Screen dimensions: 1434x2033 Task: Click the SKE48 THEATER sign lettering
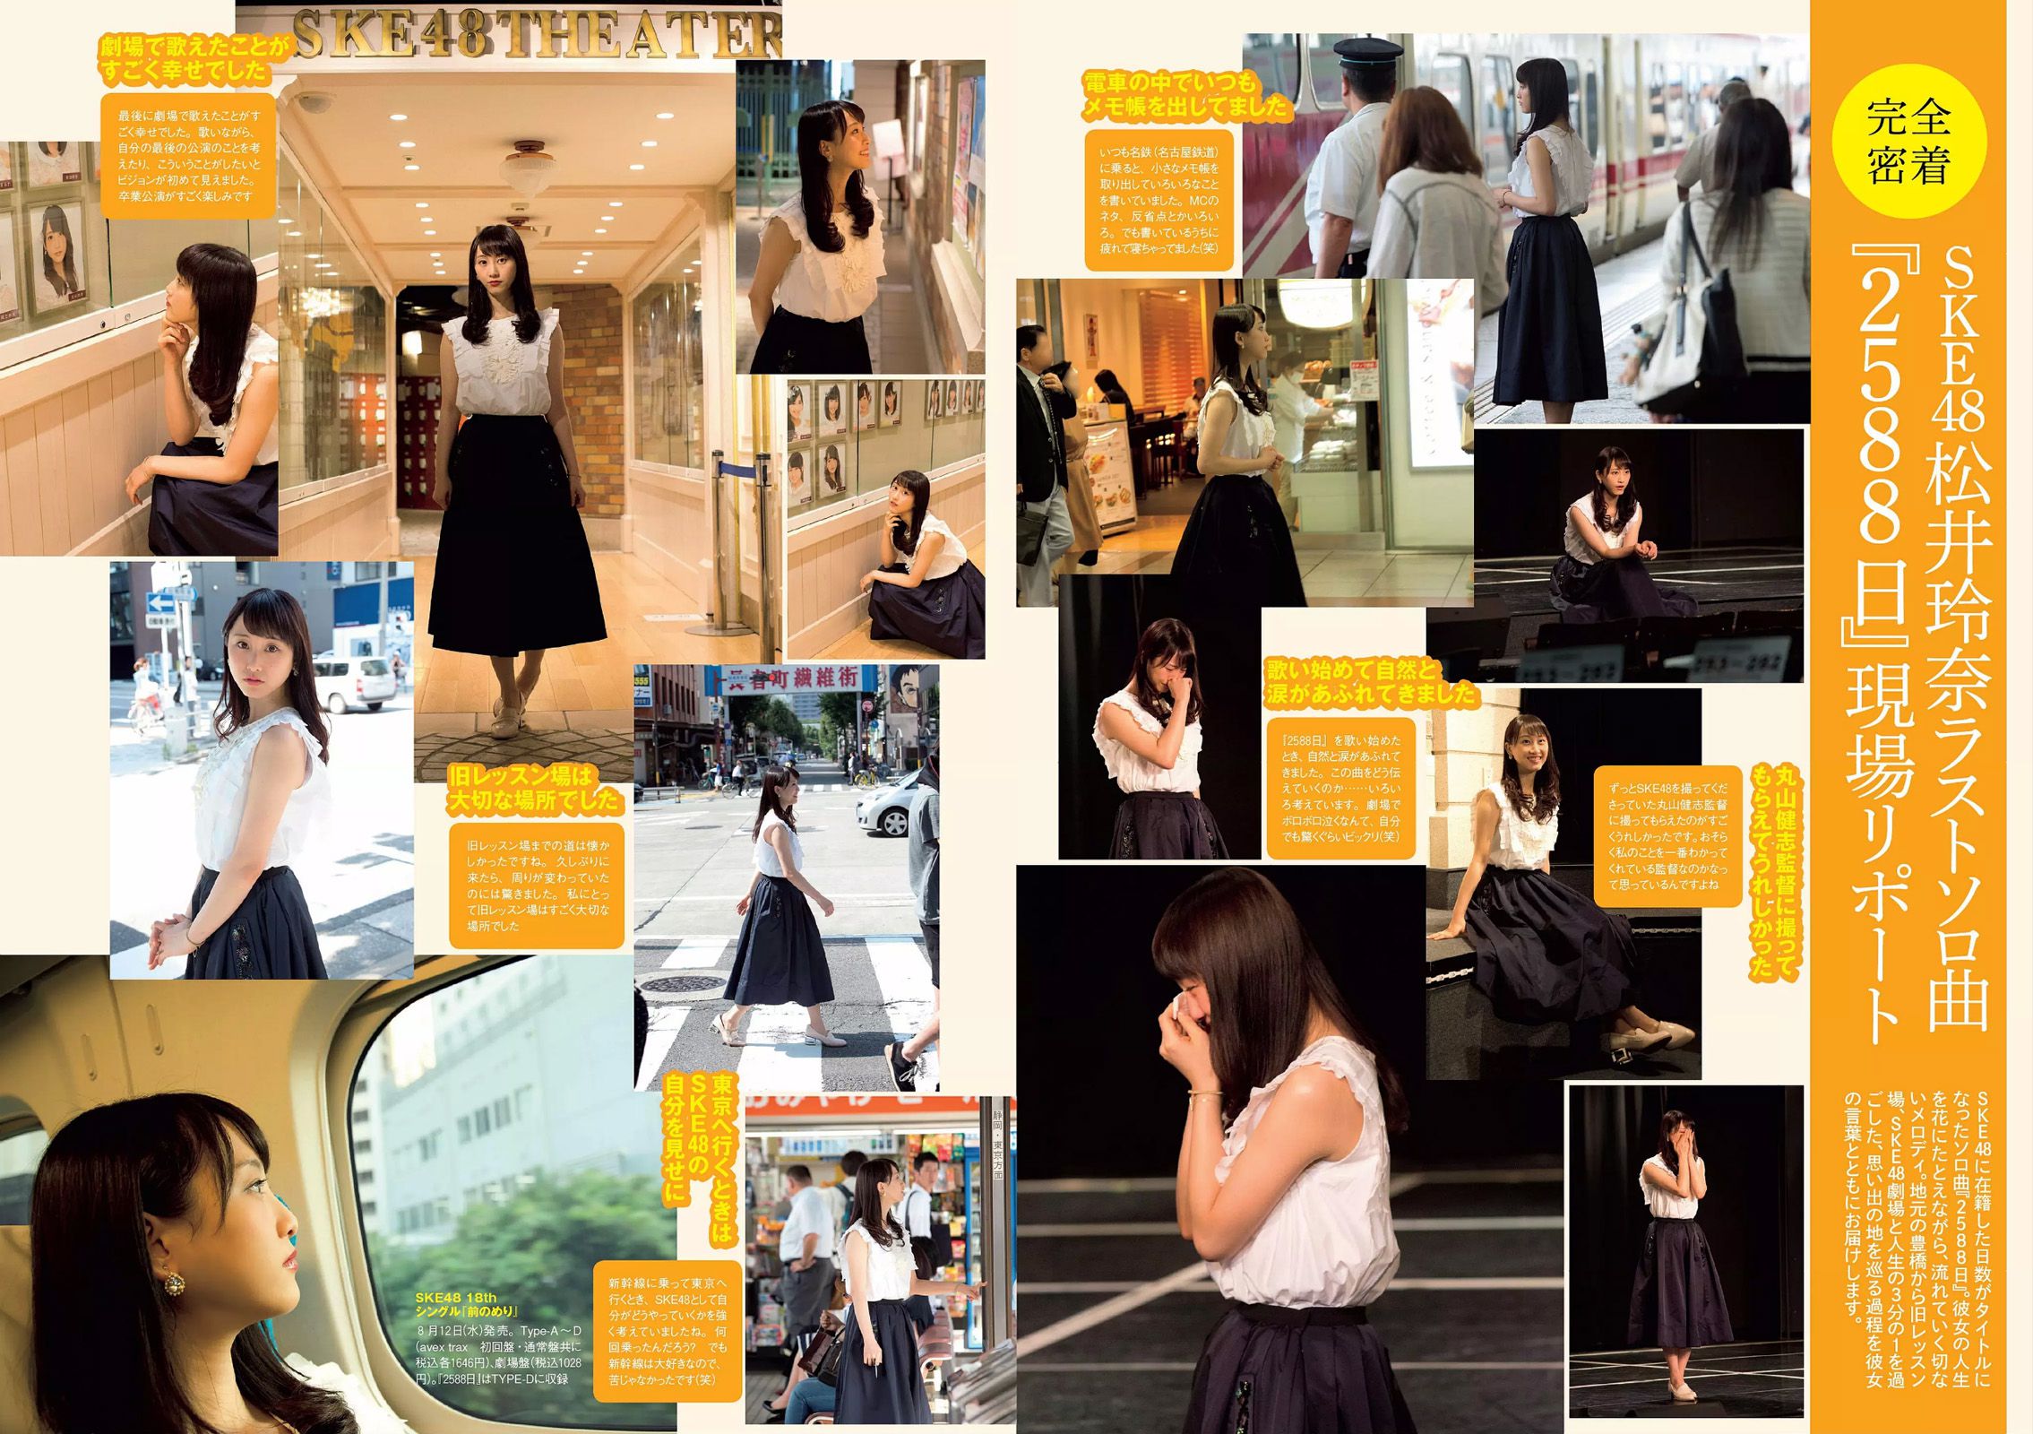536,34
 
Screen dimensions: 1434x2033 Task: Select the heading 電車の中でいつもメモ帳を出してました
1185,95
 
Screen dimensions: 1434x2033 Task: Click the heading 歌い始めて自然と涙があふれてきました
1369,682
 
